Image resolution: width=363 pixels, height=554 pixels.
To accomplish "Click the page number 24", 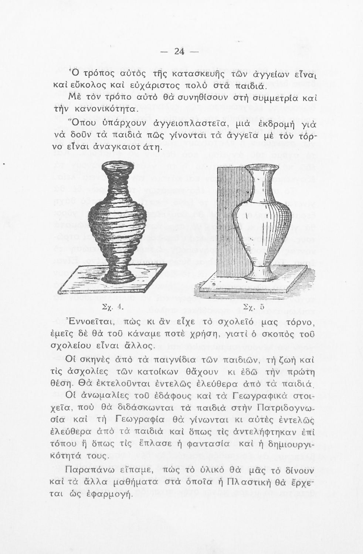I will (x=179, y=52).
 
